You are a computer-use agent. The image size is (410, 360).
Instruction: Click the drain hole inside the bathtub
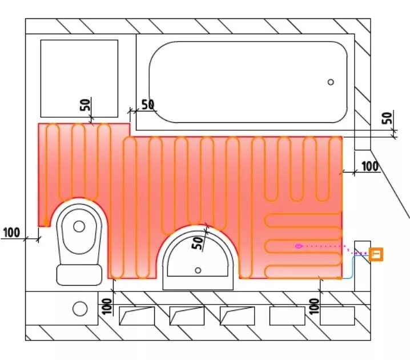point(331,82)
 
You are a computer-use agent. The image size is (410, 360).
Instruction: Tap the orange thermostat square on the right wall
point(376,254)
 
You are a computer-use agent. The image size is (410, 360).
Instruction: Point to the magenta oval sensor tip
point(298,246)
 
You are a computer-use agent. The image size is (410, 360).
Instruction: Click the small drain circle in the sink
point(198,270)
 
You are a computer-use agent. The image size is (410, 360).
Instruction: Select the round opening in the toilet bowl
point(79,226)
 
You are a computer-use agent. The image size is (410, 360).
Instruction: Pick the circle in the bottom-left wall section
point(80,309)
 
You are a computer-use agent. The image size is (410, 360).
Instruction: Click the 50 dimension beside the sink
point(198,242)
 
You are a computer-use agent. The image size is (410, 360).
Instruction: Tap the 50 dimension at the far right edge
point(387,118)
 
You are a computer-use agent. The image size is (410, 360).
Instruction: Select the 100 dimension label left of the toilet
point(11,233)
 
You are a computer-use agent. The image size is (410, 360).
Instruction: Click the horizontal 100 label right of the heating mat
point(370,166)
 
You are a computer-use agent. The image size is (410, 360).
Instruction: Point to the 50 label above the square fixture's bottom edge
point(85,105)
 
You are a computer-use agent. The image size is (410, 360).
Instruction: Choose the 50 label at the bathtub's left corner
point(147,105)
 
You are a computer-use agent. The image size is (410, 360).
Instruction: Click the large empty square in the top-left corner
point(79,78)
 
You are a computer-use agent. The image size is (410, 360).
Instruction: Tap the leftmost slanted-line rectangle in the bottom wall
point(136,316)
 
